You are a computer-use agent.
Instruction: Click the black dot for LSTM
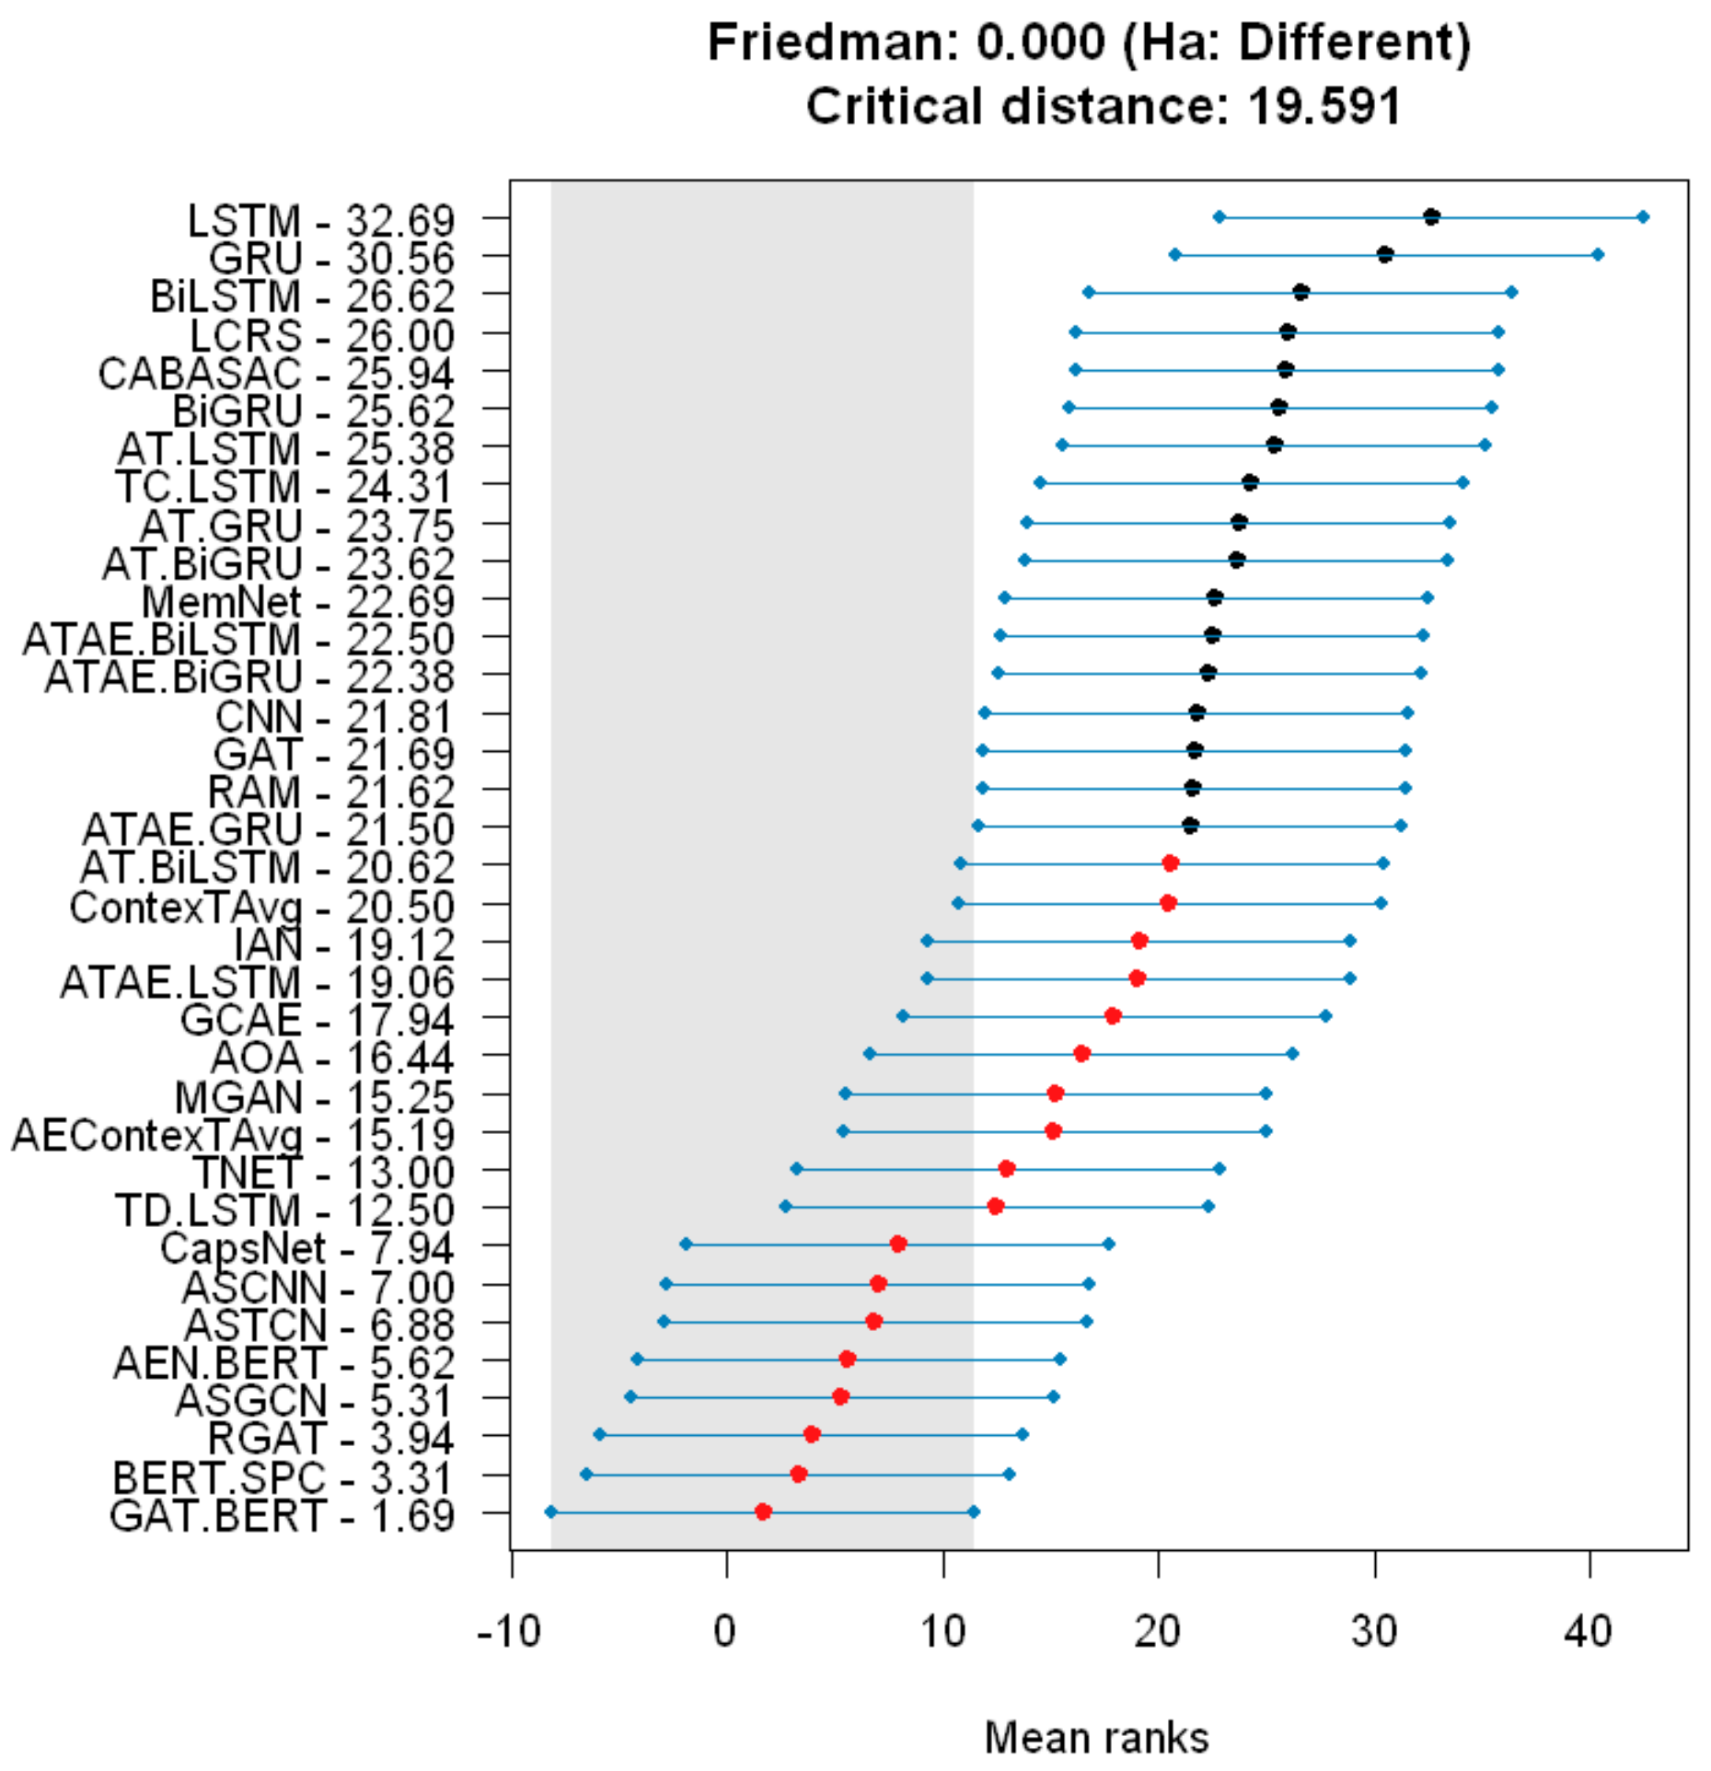tap(1430, 217)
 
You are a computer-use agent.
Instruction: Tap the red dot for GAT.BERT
tap(762, 1511)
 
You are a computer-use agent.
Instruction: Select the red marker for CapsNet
tap(898, 1244)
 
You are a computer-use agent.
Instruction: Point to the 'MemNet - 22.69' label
tap(298, 602)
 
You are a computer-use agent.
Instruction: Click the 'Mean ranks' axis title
tap(1096, 1738)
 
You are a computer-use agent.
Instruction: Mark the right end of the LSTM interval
tap(1643, 217)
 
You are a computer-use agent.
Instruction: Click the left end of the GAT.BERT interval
tap(550, 1511)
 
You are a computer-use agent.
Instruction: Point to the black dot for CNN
tap(1197, 712)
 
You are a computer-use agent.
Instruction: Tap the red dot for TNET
tap(1006, 1168)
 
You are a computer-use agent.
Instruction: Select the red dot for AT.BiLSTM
tap(1170, 863)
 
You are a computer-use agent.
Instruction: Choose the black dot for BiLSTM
tap(1301, 293)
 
